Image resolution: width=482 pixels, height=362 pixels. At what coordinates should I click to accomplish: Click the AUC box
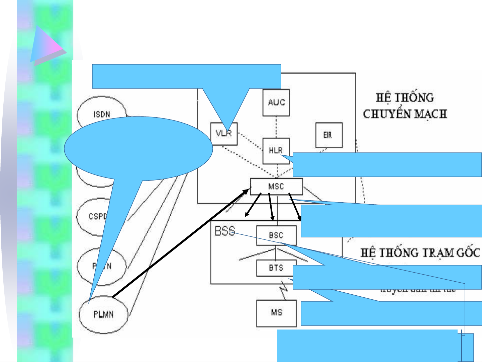(x=276, y=102)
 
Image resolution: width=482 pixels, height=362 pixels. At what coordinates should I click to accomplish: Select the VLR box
(x=224, y=134)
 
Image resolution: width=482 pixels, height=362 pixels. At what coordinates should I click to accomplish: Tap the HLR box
(x=276, y=151)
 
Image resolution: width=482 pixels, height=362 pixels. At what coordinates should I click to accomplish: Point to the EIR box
(x=329, y=135)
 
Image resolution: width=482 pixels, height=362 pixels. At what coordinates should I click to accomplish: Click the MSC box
(x=276, y=187)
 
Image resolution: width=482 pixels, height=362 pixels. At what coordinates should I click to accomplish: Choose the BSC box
(x=276, y=235)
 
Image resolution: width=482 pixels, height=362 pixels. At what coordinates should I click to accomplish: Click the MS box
(x=276, y=313)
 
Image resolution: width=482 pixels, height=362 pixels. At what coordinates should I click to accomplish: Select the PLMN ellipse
(x=103, y=315)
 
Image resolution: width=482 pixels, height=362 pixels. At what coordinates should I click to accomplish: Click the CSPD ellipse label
(x=97, y=216)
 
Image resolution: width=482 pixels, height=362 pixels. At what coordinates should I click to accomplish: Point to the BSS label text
(x=225, y=231)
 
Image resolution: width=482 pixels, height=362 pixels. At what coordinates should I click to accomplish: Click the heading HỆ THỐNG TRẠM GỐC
(x=420, y=253)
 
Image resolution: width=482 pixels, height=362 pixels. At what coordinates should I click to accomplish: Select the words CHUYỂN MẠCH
(x=405, y=114)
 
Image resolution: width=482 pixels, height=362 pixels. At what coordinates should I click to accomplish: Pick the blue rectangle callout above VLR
(x=186, y=76)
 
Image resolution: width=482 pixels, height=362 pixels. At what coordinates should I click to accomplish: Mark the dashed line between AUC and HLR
(x=276, y=127)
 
